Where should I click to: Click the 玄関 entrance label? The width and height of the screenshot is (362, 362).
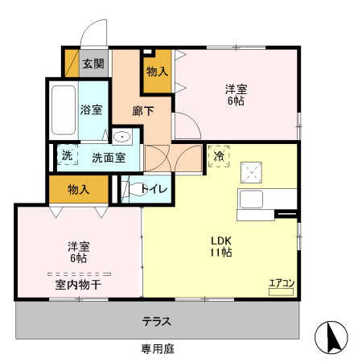(x=93, y=64)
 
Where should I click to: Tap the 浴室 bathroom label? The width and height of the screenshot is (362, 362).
(x=91, y=109)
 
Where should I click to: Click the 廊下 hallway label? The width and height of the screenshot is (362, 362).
(x=143, y=111)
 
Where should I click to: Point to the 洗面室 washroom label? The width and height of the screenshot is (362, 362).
(x=109, y=158)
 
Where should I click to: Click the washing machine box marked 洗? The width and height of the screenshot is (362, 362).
(x=67, y=155)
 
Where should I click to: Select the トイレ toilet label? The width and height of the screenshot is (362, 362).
(x=154, y=190)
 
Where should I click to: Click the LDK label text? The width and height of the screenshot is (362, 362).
(x=221, y=240)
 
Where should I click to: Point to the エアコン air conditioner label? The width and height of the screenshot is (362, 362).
(x=282, y=282)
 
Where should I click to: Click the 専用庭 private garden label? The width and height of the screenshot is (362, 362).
(x=157, y=349)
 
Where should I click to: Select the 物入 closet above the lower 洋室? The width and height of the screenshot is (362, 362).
(x=78, y=190)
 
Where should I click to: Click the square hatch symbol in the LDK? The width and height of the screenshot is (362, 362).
(x=252, y=171)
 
